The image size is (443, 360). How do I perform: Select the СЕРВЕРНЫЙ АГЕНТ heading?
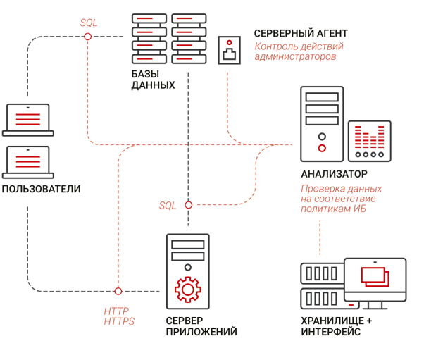[301, 33]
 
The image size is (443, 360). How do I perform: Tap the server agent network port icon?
[230, 50]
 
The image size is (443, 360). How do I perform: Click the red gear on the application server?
[187, 290]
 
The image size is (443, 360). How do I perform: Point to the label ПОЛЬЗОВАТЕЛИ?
[41, 189]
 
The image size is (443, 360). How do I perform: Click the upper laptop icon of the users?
[28, 119]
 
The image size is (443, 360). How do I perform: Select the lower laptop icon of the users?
[28, 161]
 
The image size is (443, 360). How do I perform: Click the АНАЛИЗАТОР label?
[334, 174]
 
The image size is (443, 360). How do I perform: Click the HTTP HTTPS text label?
[119, 316]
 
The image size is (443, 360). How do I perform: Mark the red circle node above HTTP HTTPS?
[118, 291]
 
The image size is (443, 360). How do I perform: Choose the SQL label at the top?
[89, 23]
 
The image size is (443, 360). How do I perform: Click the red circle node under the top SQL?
[88, 37]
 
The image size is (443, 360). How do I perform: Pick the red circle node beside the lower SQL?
[188, 205]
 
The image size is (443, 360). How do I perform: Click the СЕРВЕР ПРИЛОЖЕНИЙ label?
[201, 326]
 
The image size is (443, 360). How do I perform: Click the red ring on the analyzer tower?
[322, 148]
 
